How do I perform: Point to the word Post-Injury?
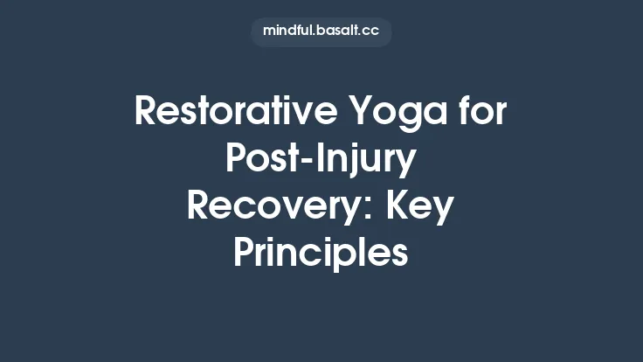[321, 159]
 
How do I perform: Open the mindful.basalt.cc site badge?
[321, 31]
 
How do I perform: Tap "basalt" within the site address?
[339, 31]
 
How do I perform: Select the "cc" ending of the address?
[371, 31]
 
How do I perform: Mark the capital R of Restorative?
[146, 113]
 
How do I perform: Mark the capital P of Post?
[238, 158]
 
